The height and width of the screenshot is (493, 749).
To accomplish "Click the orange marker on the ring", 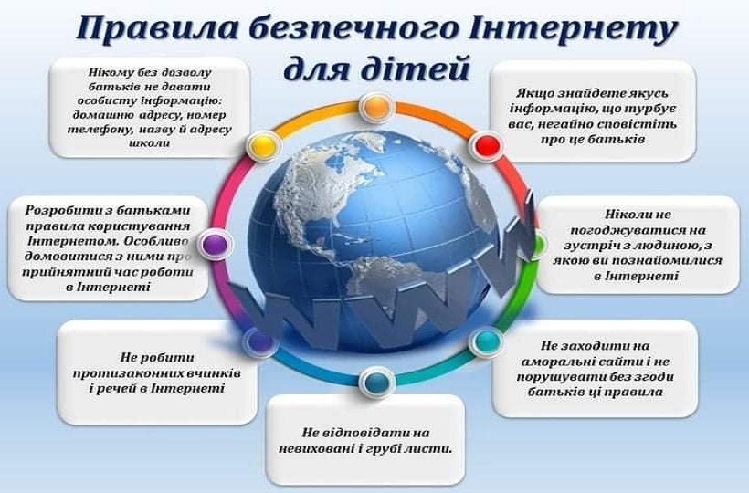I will [376, 107].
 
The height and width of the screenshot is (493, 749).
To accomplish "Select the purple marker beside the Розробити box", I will [214, 244].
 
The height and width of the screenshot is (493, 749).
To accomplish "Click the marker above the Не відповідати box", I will [374, 382].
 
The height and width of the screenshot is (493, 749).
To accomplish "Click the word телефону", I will [100, 129].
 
